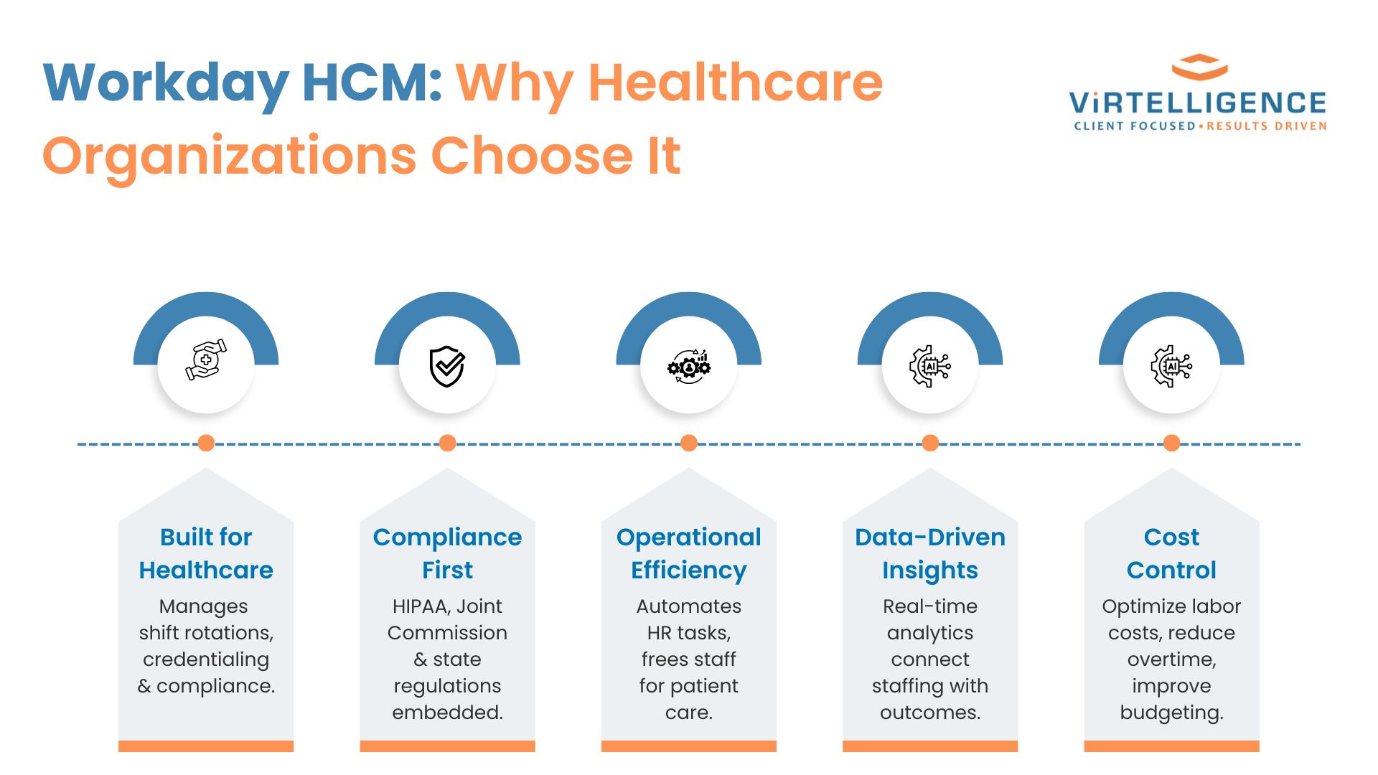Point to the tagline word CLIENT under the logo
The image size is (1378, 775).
[1099, 126]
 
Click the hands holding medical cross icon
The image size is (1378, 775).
[206, 360]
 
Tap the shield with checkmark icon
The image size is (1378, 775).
[447, 366]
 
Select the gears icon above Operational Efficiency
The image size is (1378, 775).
[689, 367]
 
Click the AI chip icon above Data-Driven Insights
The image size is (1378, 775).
[930, 366]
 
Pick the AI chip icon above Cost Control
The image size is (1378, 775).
[1171, 366]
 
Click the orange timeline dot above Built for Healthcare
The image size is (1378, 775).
[206, 443]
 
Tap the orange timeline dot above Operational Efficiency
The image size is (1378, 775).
[689, 443]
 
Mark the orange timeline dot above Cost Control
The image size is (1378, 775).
[1171, 443]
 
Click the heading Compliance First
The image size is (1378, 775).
[447, 553]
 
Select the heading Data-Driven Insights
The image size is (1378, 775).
[930, 553]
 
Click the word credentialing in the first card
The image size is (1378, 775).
[206, 660]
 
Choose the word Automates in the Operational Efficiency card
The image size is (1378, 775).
[689, 606]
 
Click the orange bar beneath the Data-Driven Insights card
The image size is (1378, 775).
[930, 746]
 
